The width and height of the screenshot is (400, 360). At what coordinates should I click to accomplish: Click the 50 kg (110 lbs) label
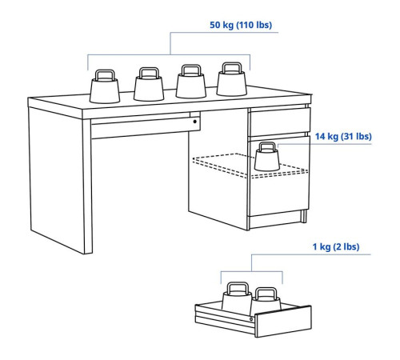(x=241, y=25)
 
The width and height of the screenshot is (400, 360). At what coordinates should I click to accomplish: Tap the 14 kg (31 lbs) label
(x=343, y=136)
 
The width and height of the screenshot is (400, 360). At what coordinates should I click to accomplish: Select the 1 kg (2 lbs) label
(x=336, y=246)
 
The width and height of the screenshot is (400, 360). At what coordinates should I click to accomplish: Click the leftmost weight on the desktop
(x=105, y=86)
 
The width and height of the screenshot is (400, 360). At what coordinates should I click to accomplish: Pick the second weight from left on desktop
(x=149, y=84)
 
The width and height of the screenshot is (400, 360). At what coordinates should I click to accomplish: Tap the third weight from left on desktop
(x=191, y=82)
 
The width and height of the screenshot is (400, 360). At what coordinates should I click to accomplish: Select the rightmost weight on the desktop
(x=231, y=79)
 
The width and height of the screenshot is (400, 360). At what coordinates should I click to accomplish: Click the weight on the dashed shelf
(x=267, y=157)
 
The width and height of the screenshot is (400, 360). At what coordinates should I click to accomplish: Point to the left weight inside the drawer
(x=237, y=298)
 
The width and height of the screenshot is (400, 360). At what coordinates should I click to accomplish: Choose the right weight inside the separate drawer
(x=267, y=299)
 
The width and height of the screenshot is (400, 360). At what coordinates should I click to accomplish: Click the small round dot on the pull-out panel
(x=195, y=122)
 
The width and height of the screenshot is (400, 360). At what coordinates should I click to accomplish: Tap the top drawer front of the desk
(x=279, y=121)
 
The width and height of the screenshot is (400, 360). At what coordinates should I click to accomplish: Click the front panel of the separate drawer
(x=283, y=322)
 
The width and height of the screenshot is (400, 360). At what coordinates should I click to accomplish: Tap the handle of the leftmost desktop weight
(x=105, y=75)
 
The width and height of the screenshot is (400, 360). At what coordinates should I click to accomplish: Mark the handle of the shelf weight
(x=267, y=146)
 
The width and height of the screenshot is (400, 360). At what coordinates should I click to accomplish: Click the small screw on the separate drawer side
(x=251, y=319)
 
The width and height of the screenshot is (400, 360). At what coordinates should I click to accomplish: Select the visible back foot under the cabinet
(x=304, y=216)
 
